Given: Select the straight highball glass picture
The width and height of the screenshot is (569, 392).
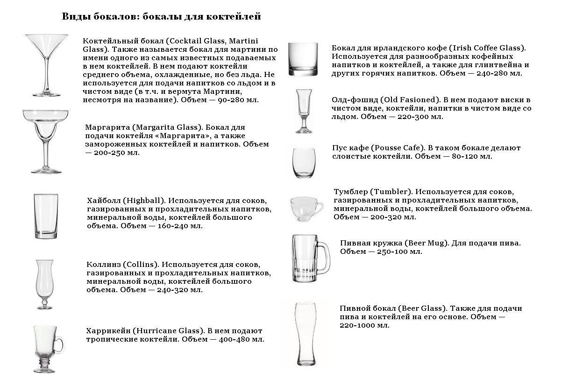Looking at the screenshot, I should tap(46, 217).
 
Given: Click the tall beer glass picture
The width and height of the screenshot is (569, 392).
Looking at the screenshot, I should tap(306, 333).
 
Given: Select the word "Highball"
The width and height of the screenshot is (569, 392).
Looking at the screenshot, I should tap(144, 201).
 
